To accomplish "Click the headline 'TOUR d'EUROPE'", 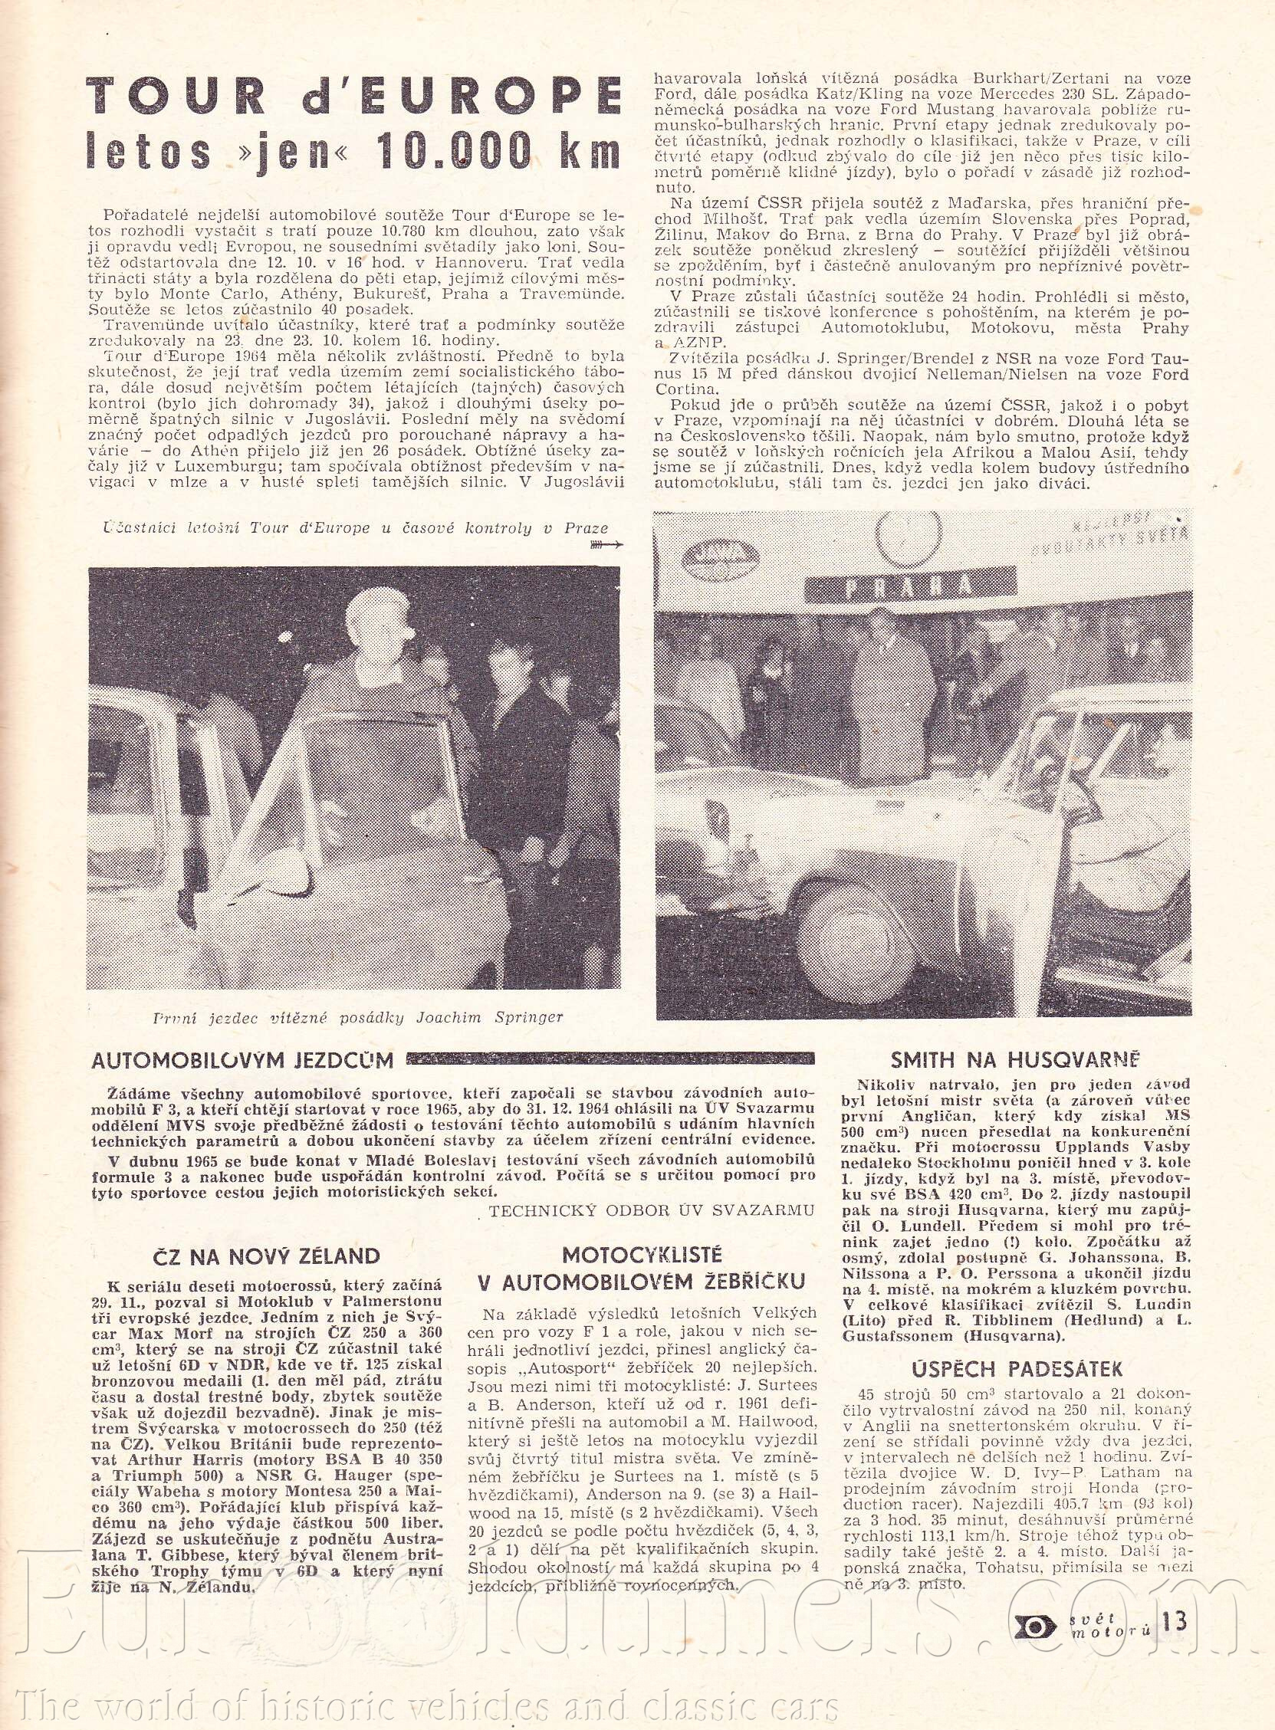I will click(x=353, y=95).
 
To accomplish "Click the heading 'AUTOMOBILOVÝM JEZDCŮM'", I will click(x=242, y=1060).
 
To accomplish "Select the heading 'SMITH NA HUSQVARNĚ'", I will click(x=1015, y=1059).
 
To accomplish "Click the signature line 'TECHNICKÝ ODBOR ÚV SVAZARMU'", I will click(x=653, y=1210).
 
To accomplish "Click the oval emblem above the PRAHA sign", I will click(x=718, y=553).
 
